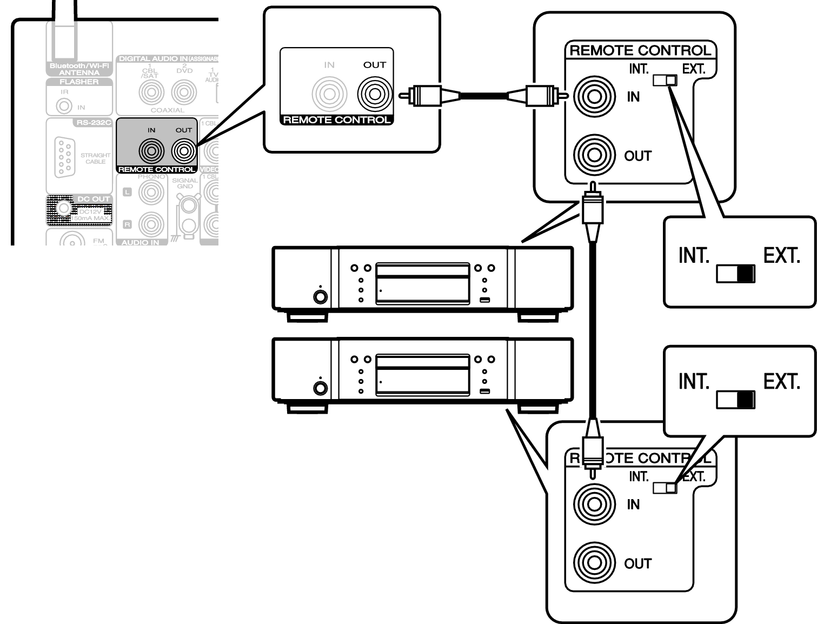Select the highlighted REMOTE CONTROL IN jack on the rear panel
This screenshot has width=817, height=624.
(151, 151)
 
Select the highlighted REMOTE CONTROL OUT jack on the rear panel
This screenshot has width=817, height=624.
(183, 151)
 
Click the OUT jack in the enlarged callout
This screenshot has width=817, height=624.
(374, 95)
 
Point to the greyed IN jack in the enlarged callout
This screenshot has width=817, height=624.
(329, 95)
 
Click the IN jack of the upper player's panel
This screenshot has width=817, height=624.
(594, 97)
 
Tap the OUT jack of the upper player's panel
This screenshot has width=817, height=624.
(594, 156)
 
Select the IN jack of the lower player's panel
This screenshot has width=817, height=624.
(594, 504)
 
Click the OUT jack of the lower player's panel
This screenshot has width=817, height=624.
(594, 563)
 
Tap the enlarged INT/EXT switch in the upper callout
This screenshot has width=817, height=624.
(735, 274)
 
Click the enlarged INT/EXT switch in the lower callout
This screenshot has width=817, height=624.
(735, 400)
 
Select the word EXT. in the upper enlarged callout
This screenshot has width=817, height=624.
(781, 255)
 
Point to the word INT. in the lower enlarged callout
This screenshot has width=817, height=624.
(694, 382)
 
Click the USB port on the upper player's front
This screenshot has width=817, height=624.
(484, 300)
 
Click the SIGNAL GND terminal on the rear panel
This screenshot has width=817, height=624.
(188, 206)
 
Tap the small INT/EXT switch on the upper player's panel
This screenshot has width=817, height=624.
(665, 80)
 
